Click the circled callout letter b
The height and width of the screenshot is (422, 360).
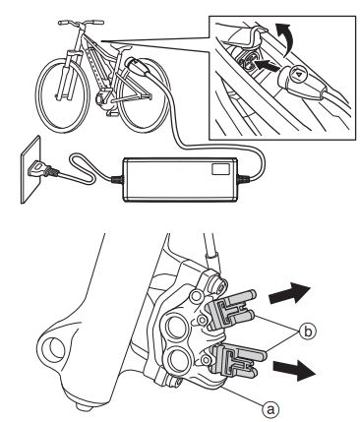click(x=308, y=332)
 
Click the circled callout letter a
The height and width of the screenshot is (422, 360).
click(x=270, y=409)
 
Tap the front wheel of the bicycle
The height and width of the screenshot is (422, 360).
click(x=63, y=95)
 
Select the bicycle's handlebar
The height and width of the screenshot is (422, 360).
click(x=81, y=24)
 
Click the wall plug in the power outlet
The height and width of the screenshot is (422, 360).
click(x=40, y=169)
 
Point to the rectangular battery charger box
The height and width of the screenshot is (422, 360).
click(x=180, y=179)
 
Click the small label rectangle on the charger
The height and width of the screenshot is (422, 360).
click(x=219, y=169)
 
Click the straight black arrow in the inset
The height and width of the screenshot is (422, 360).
click(x=268, y=66)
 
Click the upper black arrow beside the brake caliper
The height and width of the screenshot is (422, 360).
click(x=289, y=293)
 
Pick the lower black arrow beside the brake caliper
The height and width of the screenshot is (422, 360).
click(x=295, y=370)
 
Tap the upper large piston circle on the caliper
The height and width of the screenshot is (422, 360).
click(x=177, y=326)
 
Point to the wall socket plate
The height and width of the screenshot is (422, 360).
click(x=31, y=169)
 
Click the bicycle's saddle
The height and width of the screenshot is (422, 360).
click(x=121, y=48)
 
